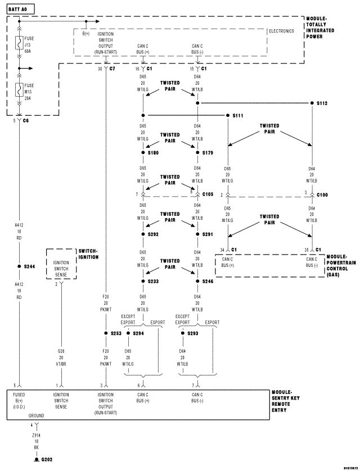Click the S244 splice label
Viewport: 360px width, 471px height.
point(29,266)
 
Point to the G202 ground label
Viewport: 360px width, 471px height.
point(46,459)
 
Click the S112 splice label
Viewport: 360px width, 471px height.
point(321,103)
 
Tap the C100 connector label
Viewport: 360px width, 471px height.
point(322,195)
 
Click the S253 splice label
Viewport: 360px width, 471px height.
point(116,333)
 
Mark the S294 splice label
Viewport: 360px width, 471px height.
point(138,333)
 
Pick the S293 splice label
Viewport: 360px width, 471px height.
point(192,333)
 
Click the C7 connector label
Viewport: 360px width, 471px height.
point(112,69)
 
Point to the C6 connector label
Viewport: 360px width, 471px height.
point(26,120)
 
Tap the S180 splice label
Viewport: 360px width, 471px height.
point(154,152)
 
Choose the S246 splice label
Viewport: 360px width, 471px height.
point(208,280)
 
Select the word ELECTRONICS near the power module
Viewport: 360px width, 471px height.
point(281,31)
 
